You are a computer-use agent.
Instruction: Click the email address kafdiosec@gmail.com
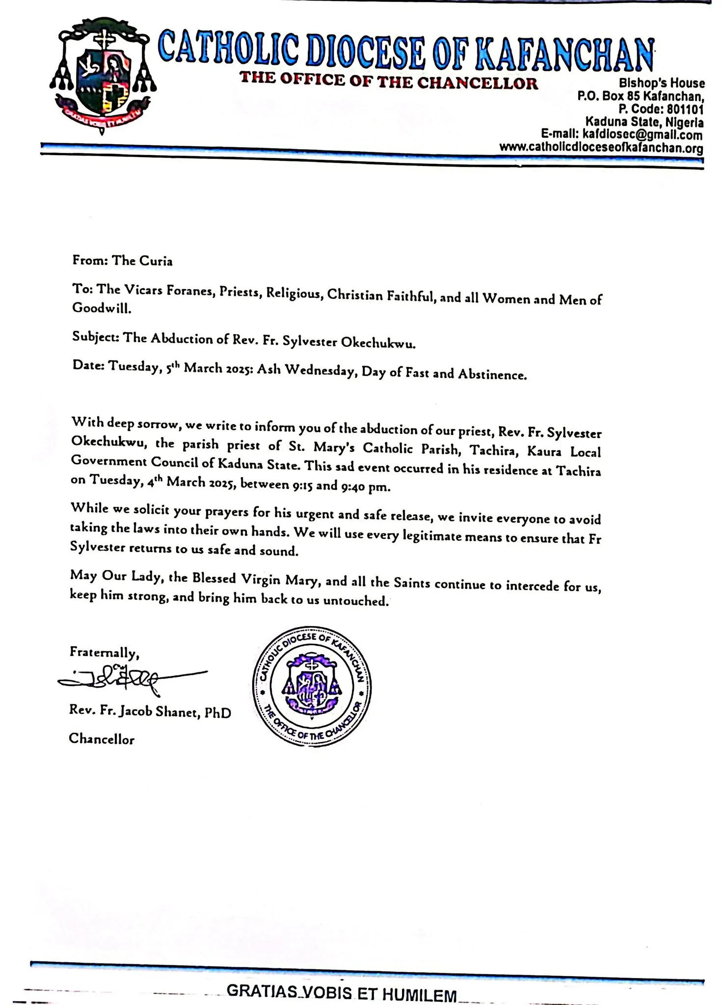[x=642, y=135]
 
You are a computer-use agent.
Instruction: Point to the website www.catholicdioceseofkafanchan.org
[x=601, y=148]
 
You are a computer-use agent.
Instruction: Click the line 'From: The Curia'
[x=122, y=261]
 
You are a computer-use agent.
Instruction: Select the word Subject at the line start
[x=95, y=338]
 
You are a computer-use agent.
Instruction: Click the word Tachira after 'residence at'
[x=578, y=470]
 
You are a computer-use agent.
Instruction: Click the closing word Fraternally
[x=105, y=653]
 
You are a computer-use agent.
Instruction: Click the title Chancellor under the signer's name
[x=102, y=739]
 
